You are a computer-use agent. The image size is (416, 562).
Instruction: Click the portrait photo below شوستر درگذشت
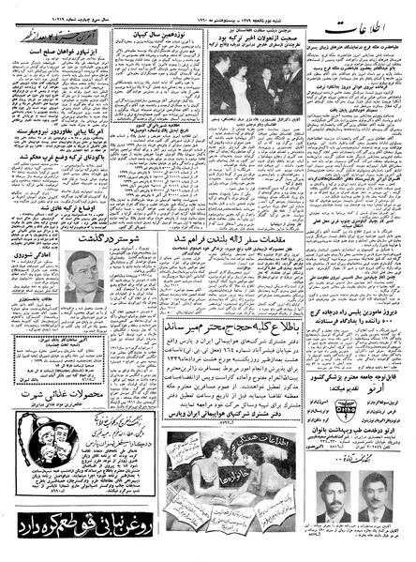pyautogui.click(x=85, y=277)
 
